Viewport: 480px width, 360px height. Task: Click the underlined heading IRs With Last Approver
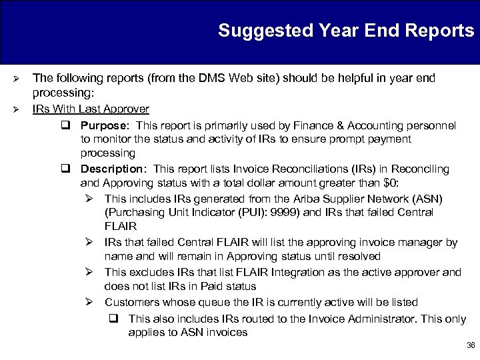click(91, 109)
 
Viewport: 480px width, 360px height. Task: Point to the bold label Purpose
click(104, 125)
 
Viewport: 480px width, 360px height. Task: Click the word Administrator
click(367, 319)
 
